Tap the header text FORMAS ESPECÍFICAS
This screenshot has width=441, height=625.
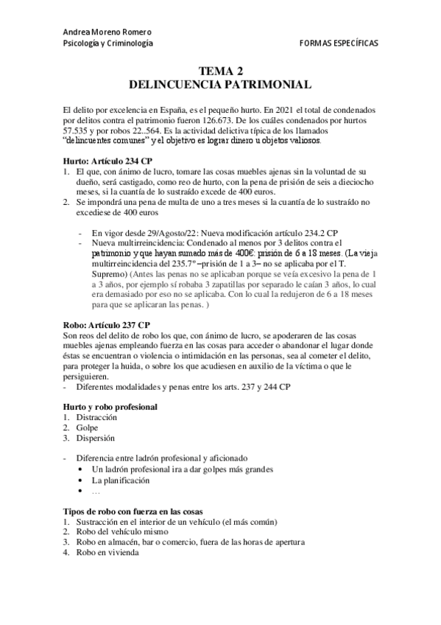pyautogui.click(x=339, y=44)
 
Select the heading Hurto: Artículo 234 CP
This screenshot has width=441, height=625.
pyautogui.click(x=108, y=160)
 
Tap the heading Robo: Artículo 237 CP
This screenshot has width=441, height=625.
pyautogui.click(x=107, y=324)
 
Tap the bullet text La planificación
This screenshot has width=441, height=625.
pyautogui.click(x=121, y=480)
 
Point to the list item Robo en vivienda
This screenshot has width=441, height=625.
pyautogui.click(x=105, y=552)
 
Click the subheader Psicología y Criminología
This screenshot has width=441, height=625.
pyautogui.click(x=108, y=44)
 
